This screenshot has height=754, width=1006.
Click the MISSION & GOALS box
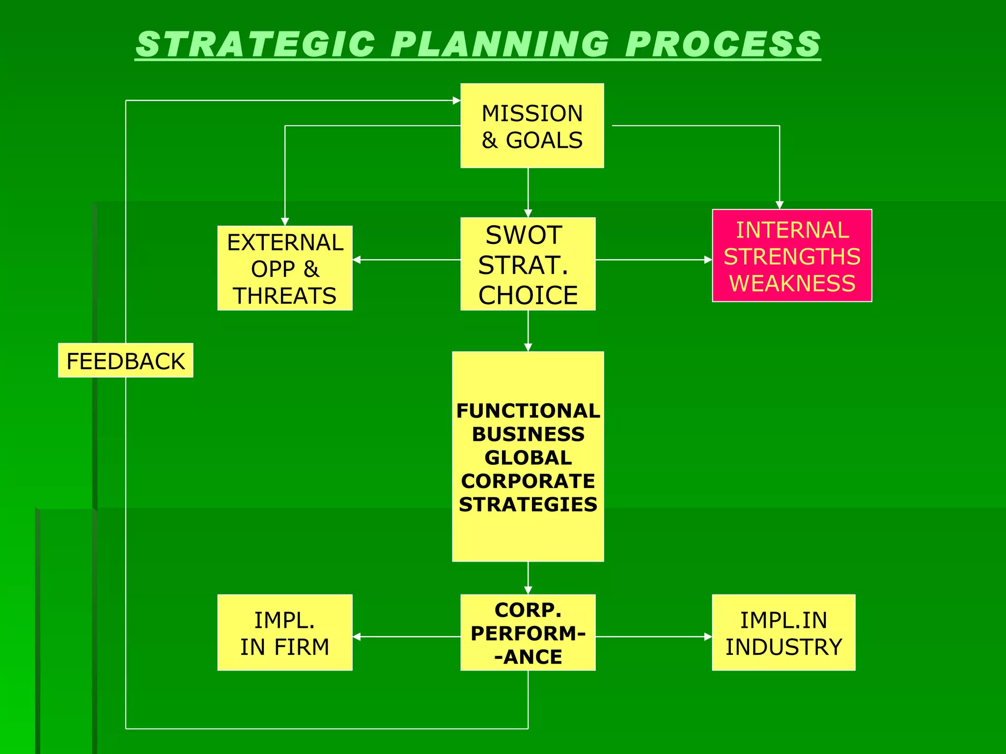pyautogui.click(x=532, y=126)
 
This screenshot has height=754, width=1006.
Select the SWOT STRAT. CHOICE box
pyautogui.click(x=528, y=264)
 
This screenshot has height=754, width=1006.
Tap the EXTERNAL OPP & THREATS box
pyautogui.click(x=285, y=268)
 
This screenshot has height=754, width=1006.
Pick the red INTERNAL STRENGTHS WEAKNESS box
pyautogui.click(x=792, y=256)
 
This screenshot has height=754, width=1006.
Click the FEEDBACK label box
pyautogui.click(x=126, y=361)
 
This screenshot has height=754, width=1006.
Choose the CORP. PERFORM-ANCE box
pyautogui.click(x=528, y=633)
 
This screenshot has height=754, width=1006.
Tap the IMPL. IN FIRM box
pyautogui.click(x=285, y=633)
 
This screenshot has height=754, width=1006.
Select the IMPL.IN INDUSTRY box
pyautogui.click(x=783, y=633)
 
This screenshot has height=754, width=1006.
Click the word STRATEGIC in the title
pyautogui.click(x=255, y=44)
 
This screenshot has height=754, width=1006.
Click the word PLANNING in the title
pyautogui.click(x=500, y=44)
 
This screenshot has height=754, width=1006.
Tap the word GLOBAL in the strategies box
pyautogui.click(x=528, y=458)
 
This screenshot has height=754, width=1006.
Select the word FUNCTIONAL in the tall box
pyautogui.click(x=528, y=411)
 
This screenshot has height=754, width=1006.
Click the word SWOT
pyautogui.click(x=524, y=235)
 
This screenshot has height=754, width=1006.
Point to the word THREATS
pyautogui.click(x=285, y=296)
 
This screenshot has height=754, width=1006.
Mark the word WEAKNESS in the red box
pyautogui.click(x=792, y=284)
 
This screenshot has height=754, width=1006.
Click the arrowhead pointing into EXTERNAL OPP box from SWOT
pyautogui.click(x=357, y=260)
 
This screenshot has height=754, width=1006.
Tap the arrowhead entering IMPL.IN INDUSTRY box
pyautogui.click(x=708, y=637)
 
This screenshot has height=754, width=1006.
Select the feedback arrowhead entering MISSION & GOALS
pyautogui.click(x=456, y=101)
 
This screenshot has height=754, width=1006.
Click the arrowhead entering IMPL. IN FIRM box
pyautogui.click(x=357, y=637)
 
